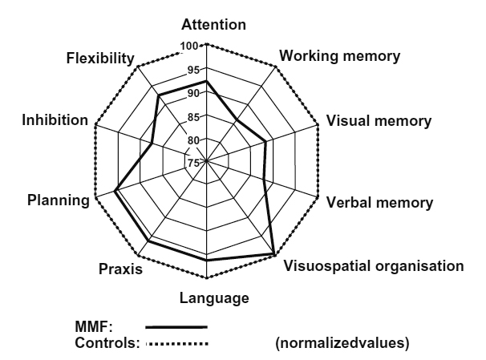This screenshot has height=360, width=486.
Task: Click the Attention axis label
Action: click(x=213, y=25)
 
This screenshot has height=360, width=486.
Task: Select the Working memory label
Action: click(x=340, y=57)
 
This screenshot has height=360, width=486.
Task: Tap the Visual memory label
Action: click(x=379, y=122)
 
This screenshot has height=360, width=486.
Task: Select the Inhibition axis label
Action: click(x=55, y=120)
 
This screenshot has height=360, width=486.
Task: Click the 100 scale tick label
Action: click(x=191, y=47)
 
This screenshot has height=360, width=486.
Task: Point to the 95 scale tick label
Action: click(x=192, y=71)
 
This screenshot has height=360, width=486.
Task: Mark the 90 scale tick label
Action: click(x=192, y=94)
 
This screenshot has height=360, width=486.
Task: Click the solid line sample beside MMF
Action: click(x=176, y=327)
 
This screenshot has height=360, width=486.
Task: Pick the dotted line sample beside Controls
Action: click(x=176, y=344)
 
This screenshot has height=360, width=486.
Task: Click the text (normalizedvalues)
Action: click(x=342, y=344)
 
